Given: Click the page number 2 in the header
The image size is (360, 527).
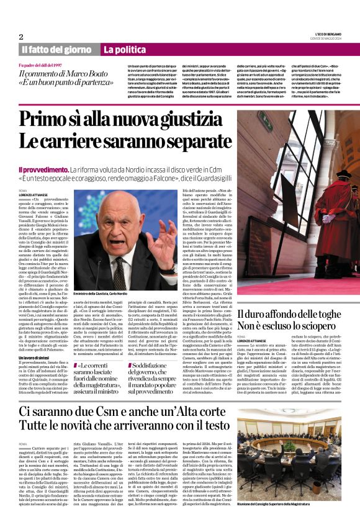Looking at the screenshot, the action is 21,37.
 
